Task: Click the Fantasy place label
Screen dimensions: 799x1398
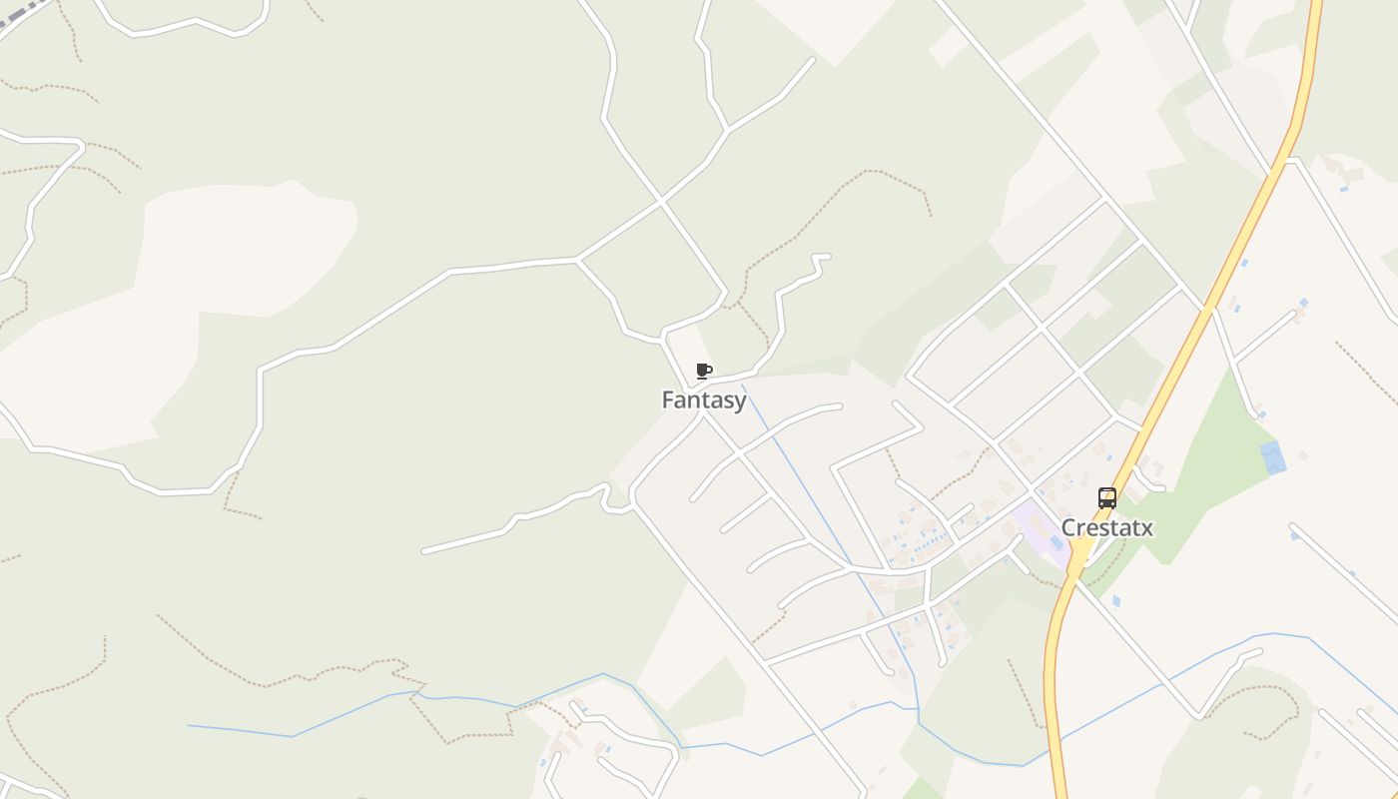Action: (704, 400)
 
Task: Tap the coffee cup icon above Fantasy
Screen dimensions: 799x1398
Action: (704, 372)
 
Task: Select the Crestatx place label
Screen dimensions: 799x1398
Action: (1106, 528)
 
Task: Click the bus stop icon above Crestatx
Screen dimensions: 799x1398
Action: (1106, 498)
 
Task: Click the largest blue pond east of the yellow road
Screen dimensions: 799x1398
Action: (1272, 456)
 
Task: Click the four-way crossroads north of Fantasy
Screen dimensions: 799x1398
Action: (660, 202)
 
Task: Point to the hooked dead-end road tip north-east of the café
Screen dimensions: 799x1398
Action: (821, 257)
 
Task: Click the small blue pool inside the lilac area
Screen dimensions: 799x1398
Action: (1055, 542)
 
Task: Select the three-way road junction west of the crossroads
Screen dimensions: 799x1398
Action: (578, 261)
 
